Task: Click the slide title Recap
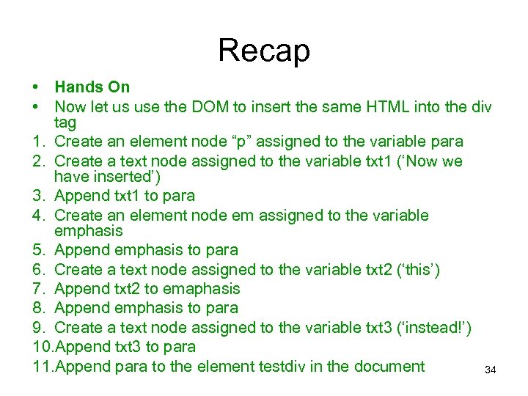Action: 264,51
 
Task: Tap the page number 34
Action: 491,371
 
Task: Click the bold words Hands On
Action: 92,87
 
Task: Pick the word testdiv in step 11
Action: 286,366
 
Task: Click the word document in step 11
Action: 389,366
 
